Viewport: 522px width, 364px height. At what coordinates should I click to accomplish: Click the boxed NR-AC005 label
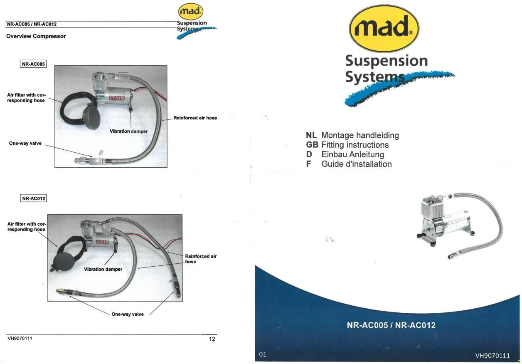33,64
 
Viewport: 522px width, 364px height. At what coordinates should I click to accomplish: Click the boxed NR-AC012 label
33,198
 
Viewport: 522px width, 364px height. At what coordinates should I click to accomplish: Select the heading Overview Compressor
36,36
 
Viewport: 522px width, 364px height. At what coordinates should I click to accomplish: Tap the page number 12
212,339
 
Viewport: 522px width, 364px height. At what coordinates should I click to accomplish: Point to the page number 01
263,354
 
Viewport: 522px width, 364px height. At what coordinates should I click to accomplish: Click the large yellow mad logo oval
384,28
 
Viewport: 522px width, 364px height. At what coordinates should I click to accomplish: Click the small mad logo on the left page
190,12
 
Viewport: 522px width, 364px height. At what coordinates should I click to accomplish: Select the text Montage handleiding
360,135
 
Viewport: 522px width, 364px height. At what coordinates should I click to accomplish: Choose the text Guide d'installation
356,164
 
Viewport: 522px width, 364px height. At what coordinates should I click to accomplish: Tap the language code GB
312,145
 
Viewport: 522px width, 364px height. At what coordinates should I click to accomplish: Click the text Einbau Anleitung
352,154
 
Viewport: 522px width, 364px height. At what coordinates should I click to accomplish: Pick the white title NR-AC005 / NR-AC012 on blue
391,325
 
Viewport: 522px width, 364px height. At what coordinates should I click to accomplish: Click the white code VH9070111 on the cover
492,355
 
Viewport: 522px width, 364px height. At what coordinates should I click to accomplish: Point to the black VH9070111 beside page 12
20,338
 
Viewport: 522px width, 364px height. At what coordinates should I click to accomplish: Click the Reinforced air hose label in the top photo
195,118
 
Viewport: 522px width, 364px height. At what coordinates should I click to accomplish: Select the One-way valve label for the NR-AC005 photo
25,144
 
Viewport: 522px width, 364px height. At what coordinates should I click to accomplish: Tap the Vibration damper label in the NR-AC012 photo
103,269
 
